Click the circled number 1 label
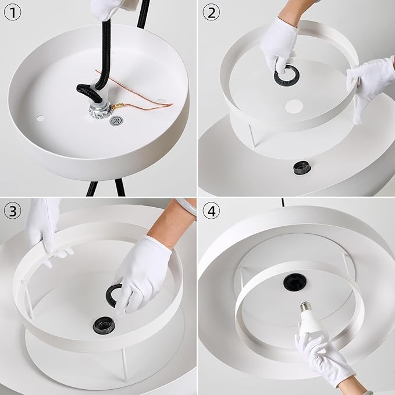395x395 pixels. pos(13,13)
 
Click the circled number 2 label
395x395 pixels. pos(211,13)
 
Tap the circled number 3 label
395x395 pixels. pos(13,211)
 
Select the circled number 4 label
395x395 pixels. pos(211,211)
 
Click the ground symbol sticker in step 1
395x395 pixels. pos(116,120)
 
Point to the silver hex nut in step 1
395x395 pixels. pos(100,111)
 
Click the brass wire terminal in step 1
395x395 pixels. pos(118,106)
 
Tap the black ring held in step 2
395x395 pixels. pos(287,75)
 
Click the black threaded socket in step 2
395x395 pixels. pos(302,168)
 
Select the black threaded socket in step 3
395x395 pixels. pos(104,325)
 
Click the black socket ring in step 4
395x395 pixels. pos(295,282)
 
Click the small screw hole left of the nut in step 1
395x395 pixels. pos(41,118)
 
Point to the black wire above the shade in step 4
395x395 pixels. pos(283,202)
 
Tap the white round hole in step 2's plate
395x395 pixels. pos(294,106)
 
